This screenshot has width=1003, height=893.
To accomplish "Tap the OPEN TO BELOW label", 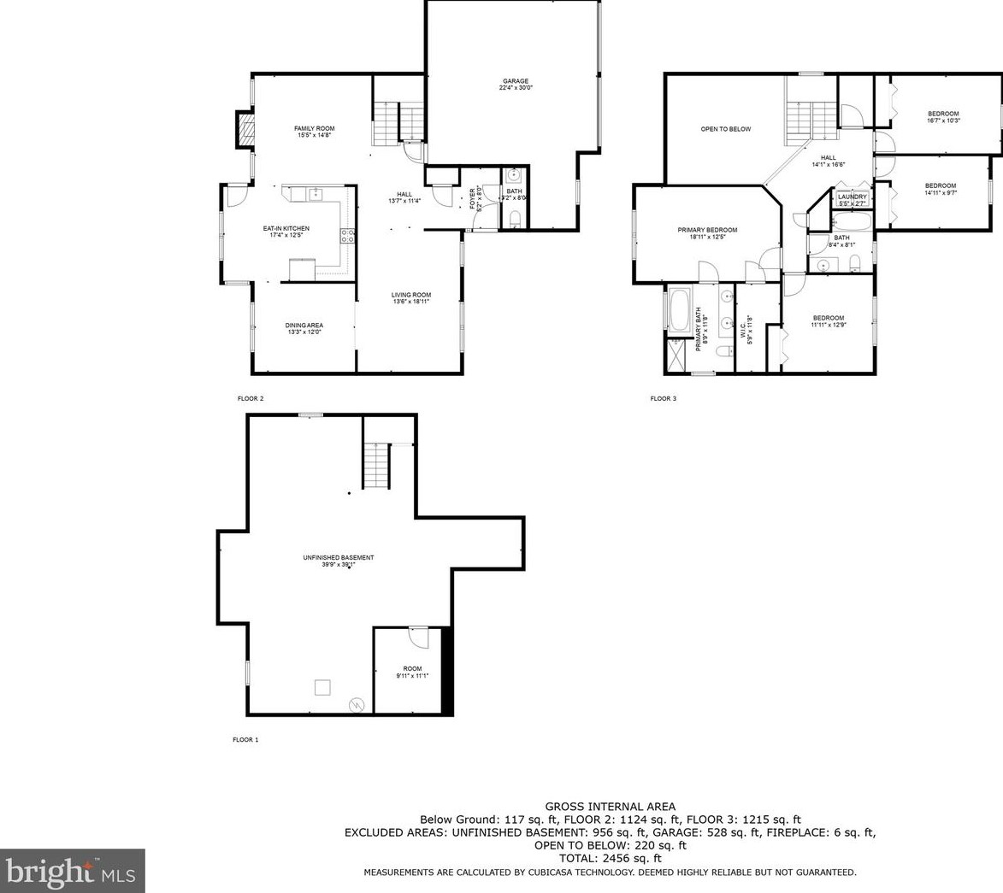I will coord(725,129).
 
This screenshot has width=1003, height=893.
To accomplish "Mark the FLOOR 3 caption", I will coord(663,398).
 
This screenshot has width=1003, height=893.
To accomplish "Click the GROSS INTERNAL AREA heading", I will coord(610,806).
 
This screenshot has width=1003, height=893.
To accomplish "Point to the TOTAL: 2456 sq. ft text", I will coord(610,858).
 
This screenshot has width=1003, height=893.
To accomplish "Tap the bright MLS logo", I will coord(72,871).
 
